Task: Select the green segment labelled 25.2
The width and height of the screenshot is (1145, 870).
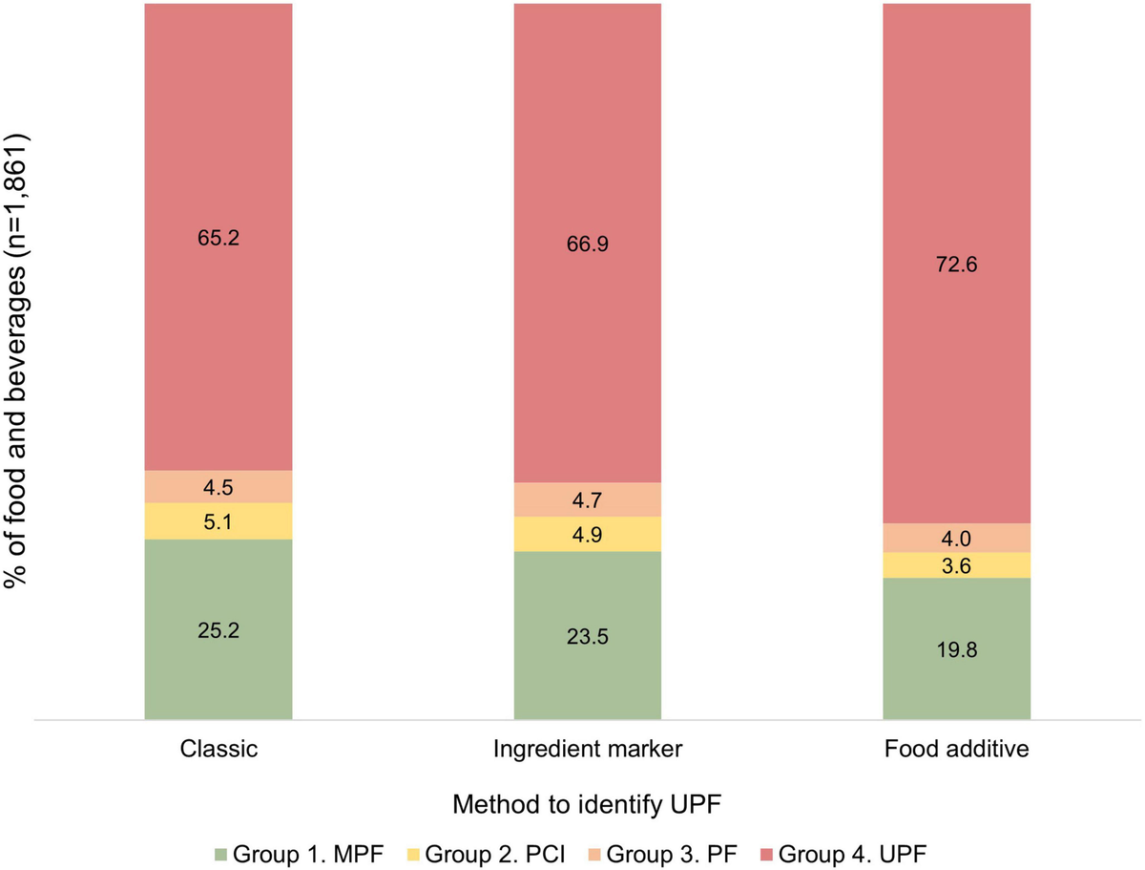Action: [x=219, y=629]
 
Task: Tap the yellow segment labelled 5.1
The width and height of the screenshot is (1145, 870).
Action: [x=219, y=521]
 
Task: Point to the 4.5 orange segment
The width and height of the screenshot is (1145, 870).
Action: [x=219, y=487]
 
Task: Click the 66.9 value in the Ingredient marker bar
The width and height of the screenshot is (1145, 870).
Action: [x=588, y=244]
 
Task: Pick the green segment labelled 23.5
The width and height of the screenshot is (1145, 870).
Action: [x=588, y=635]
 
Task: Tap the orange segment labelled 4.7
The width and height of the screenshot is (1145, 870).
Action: [x=588, y=499]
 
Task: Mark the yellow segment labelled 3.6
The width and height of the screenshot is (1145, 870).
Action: [x=956, y=565]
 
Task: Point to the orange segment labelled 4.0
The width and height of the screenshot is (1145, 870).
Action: [x=956, y=538]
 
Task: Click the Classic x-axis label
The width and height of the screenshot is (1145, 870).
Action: [x=219, y=750]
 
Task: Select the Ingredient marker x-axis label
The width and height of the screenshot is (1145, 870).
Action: [x=588, y=750]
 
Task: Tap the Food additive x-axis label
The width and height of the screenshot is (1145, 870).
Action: [x=956, y=750]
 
